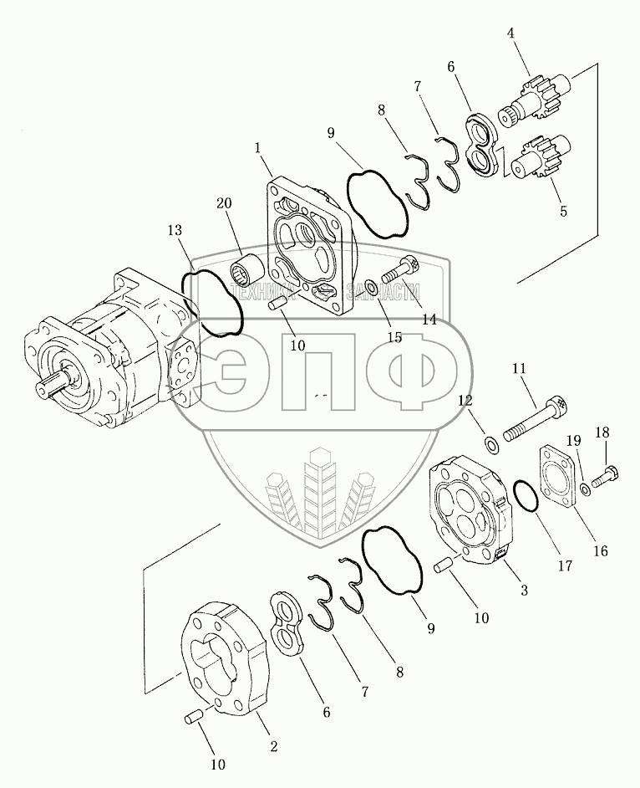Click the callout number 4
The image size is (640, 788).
510,36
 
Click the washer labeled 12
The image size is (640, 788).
492,442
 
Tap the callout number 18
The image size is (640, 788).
602,432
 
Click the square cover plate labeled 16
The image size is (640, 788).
556,478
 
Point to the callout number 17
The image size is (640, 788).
566,565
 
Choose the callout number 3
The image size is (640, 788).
524,591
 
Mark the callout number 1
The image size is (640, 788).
258,147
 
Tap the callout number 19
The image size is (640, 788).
574,440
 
